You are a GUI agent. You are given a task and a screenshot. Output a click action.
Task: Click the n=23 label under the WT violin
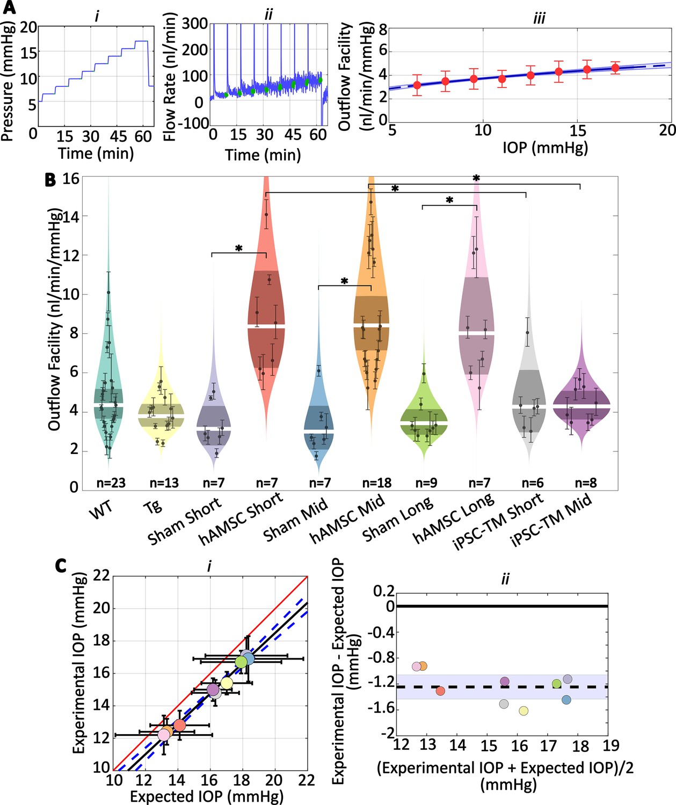111,482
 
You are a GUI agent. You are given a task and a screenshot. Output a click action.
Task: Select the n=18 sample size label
377,482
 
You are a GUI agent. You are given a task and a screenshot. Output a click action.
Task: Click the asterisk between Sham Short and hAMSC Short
239,248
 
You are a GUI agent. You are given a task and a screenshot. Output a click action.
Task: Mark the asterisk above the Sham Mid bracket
345,281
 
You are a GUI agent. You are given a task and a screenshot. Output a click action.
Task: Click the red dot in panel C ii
440,691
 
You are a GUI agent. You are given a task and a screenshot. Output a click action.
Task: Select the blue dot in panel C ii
566,700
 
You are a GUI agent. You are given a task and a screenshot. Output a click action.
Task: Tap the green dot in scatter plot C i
241,662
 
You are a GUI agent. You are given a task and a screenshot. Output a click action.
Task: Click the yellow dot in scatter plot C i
227,683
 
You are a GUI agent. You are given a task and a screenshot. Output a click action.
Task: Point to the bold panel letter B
50,180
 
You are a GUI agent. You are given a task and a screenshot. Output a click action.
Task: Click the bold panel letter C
61,565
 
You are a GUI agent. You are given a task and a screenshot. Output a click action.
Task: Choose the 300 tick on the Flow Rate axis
195,24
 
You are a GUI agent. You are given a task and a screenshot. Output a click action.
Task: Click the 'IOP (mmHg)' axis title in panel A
545,148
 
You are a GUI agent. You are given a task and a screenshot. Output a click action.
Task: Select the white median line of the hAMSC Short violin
266,326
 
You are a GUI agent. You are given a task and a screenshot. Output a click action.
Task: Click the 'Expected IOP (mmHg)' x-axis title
206,796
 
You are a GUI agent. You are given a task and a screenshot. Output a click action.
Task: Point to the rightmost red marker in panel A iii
615,68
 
